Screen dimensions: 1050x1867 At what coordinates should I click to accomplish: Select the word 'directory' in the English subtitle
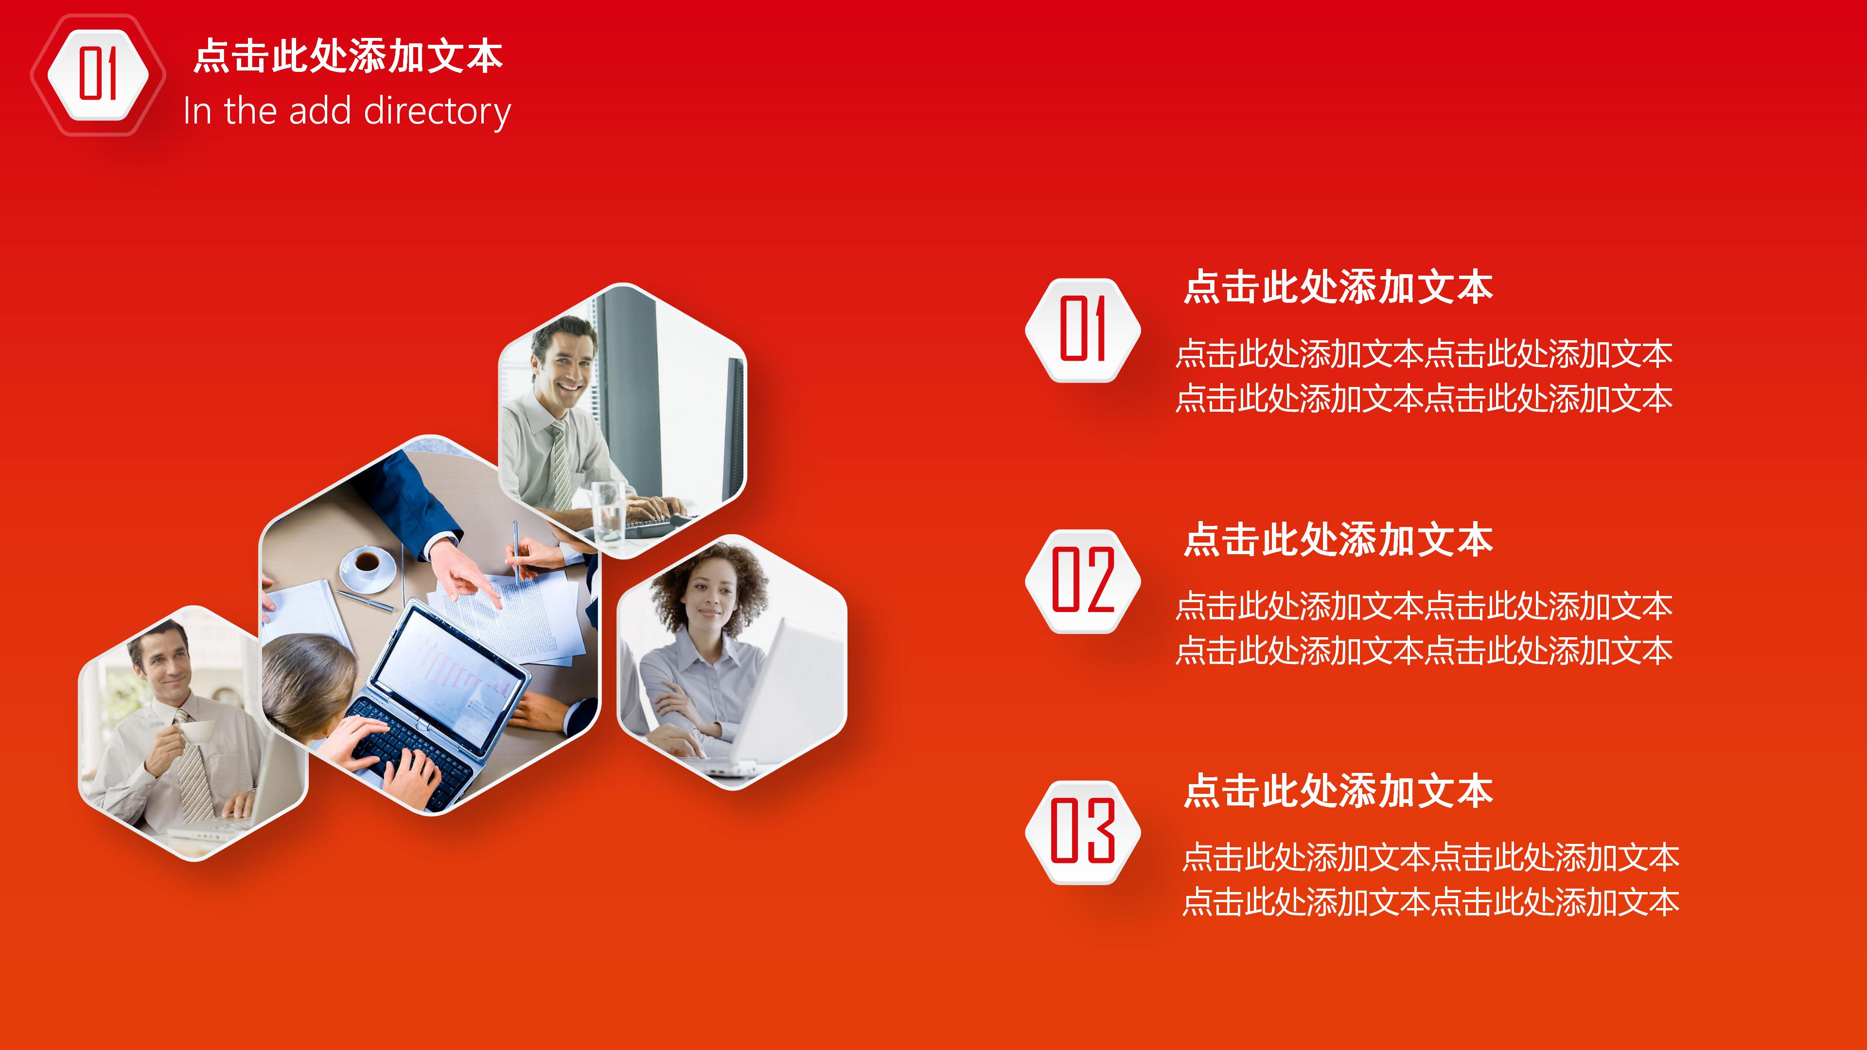(437, 112)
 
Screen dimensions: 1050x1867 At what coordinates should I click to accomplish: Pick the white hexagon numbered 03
(1083, 831)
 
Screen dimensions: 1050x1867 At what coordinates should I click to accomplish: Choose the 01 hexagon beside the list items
(1083, 330)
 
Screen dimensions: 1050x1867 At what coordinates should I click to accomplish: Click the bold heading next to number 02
(1338, 540)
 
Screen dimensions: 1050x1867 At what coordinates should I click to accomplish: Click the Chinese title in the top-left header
(348, 56)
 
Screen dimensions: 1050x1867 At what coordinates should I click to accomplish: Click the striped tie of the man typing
(560, 464)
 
